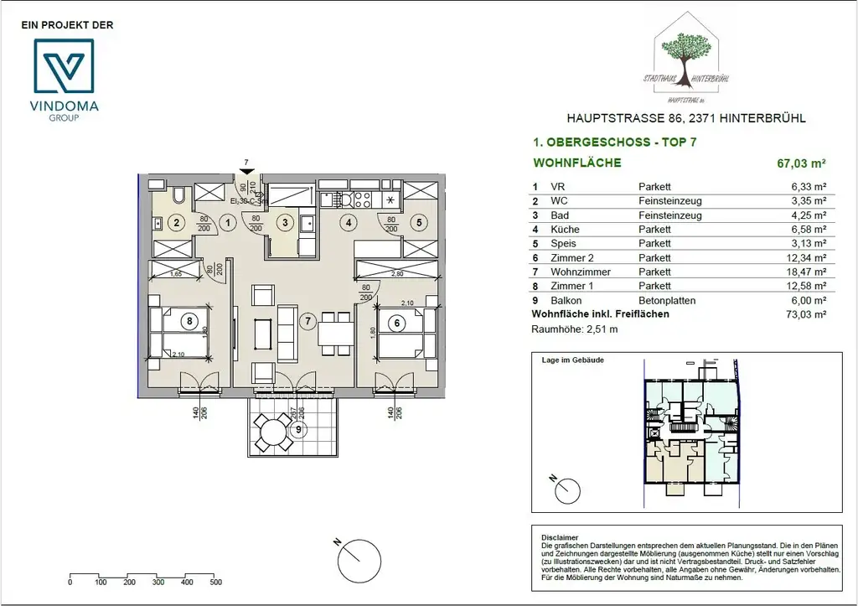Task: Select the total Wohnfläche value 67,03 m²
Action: [x=802, y=164]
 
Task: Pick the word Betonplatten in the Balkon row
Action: [x=667, y=300]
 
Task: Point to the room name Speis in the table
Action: [x=562, y=243]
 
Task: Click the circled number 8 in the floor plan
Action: [x=190, y=320]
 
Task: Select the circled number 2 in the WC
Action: [x=176, y=223]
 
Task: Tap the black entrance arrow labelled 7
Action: [x=246, y=172]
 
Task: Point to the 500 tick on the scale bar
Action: [x=215, y=581]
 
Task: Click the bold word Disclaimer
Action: [x=561, y=538]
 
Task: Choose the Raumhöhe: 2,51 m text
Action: [x=576, y=329]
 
